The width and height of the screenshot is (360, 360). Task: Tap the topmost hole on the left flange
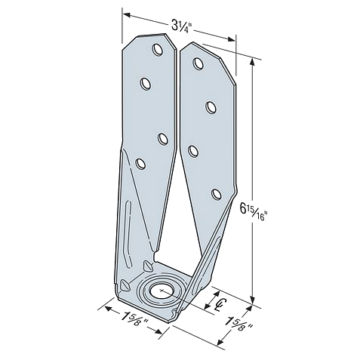158,50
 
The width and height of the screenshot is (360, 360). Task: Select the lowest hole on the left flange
140,164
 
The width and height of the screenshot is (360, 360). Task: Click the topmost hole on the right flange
198,63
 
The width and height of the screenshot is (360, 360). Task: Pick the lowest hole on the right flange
216,195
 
